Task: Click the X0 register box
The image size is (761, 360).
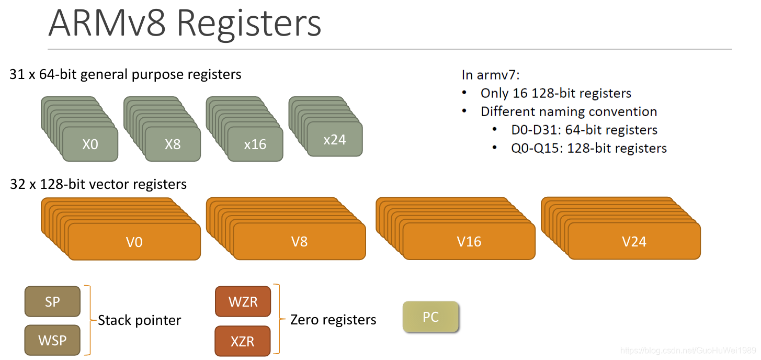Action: [90, 144]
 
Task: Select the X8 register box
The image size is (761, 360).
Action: [173, 144]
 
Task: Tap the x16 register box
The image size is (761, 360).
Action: [255, 144]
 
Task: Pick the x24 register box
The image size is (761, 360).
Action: [335, 139]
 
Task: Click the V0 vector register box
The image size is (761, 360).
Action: [134, 242]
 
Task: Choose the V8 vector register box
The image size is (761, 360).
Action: [299, 242]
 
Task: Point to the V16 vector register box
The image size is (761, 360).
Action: [469, 242]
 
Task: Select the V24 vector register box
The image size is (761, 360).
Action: [634, 241]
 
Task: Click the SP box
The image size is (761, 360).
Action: [52, 301]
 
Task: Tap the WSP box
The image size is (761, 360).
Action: [52, 341]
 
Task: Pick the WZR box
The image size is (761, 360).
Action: [243, 301]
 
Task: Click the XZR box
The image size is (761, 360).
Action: [243, 341]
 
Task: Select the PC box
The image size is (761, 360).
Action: [430, 317]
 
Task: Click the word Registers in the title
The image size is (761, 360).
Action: [249, 24]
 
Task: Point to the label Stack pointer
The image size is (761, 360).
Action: [139, 320]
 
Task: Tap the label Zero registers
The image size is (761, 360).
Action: [333, 320]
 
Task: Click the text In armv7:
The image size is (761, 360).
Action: [490, 74]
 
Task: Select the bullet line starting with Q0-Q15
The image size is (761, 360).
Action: [589, 148]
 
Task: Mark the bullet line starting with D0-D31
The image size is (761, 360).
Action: [584, 130]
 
